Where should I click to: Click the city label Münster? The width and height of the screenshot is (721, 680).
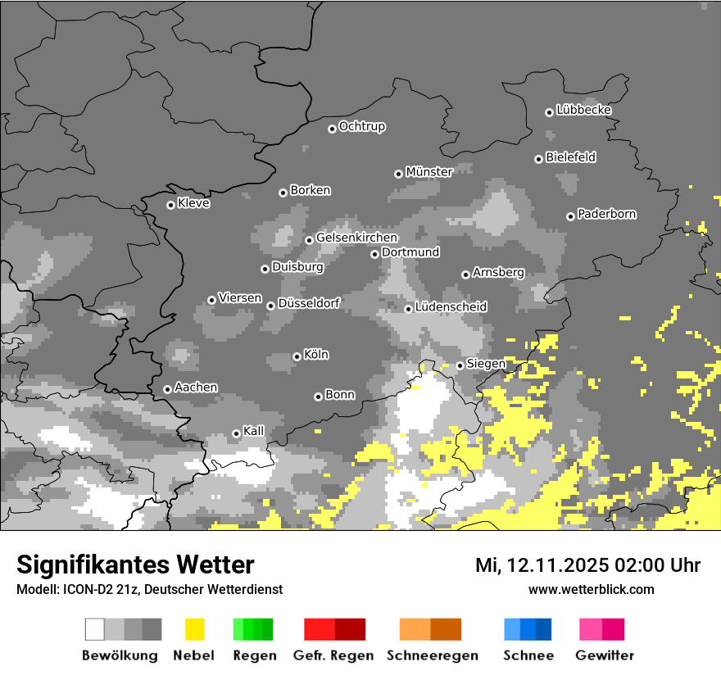429,172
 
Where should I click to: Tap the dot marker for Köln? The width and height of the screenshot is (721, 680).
297,356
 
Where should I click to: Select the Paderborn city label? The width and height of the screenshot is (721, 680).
606,215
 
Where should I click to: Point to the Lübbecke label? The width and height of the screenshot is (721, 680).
583,110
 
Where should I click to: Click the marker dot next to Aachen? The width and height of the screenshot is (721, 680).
167,389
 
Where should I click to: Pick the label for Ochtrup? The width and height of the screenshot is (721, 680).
362,127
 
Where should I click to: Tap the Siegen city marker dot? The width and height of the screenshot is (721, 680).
460,365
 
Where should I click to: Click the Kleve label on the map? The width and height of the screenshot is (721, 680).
193,204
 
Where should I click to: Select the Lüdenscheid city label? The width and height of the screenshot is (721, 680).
451,307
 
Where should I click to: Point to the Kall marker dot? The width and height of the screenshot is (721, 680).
236,433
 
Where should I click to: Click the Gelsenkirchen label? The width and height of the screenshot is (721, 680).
356,238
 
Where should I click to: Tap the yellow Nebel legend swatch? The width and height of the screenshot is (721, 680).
194,629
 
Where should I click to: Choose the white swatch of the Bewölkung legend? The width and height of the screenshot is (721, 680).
95,629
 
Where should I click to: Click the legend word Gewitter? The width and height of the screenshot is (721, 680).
604,655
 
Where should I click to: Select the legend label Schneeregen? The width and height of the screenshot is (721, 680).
432,655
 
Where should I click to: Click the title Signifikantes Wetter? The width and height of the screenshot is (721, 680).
135,564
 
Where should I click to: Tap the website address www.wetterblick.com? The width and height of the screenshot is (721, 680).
591,589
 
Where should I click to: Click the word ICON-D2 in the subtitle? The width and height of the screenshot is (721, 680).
84,589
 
